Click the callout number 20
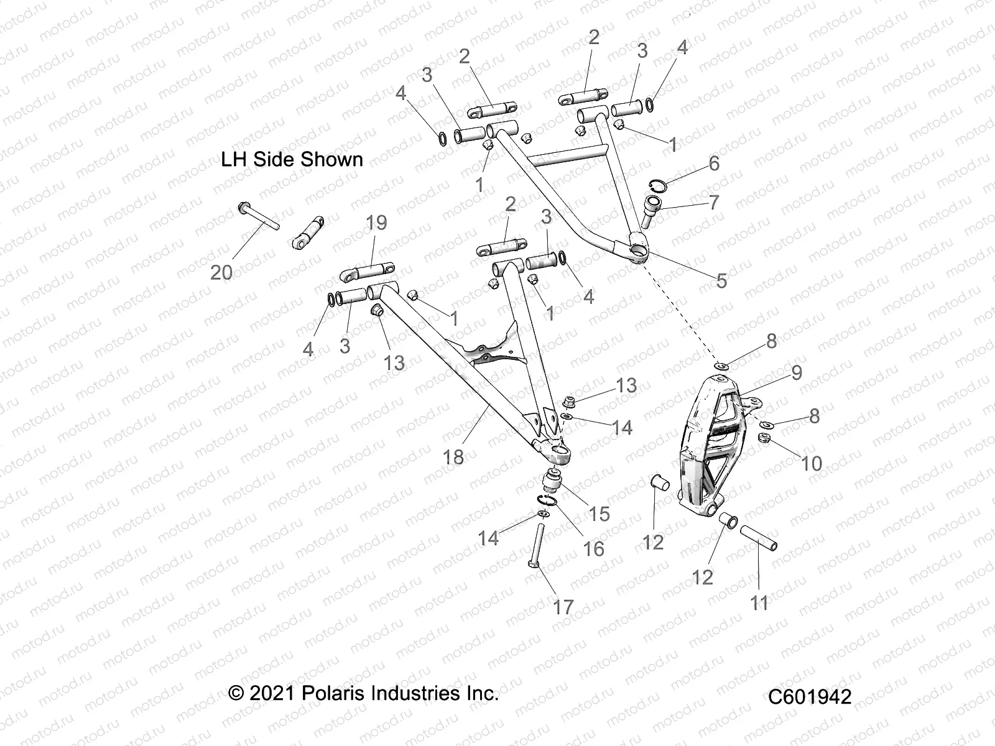pos(221,272)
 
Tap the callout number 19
pos(376,223)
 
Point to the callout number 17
pos(563,607)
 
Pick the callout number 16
pos(593,548)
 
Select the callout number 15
pos(599,513)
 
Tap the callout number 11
pos(759,602)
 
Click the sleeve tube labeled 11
pos(757,536)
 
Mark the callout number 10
pos(812,463)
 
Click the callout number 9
pos(796,372)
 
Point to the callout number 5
pos(721,280)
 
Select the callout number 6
pos(714,163)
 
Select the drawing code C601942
pos(810,697)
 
